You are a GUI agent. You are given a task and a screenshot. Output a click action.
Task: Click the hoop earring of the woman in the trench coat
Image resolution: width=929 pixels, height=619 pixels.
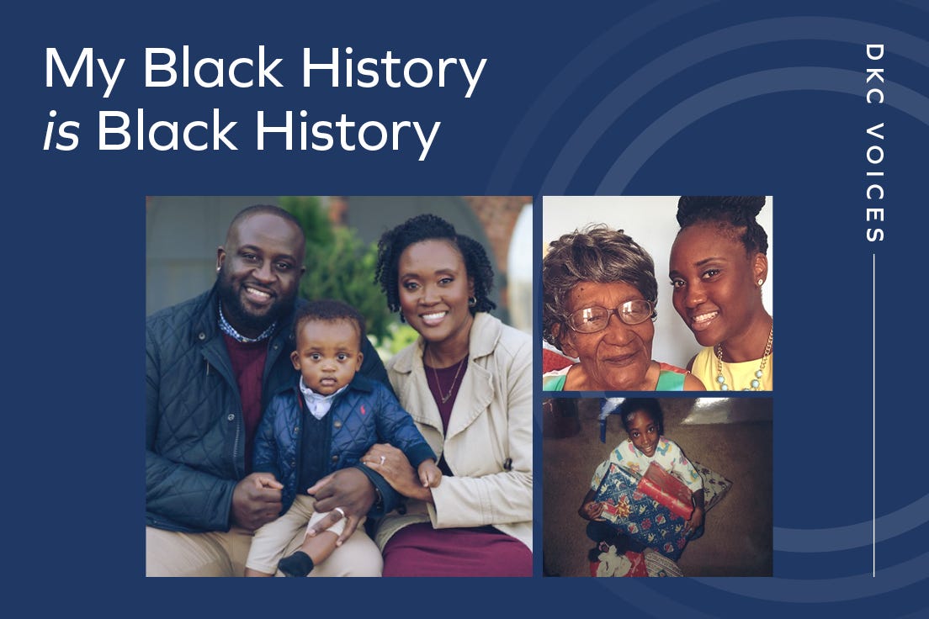473,301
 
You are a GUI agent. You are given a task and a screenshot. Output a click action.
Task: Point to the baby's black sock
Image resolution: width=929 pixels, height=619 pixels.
296,563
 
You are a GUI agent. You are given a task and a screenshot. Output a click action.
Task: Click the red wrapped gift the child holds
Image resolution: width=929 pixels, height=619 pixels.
666,492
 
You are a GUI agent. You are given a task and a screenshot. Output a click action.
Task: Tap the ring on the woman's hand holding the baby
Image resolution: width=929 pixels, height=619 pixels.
382,460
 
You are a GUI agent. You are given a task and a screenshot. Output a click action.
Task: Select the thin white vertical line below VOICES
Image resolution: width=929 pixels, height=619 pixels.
874,415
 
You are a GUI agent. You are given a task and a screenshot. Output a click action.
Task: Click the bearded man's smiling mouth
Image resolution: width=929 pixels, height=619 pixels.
259,294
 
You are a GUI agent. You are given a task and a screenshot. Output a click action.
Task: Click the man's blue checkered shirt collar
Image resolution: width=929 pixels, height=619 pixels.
240,327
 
